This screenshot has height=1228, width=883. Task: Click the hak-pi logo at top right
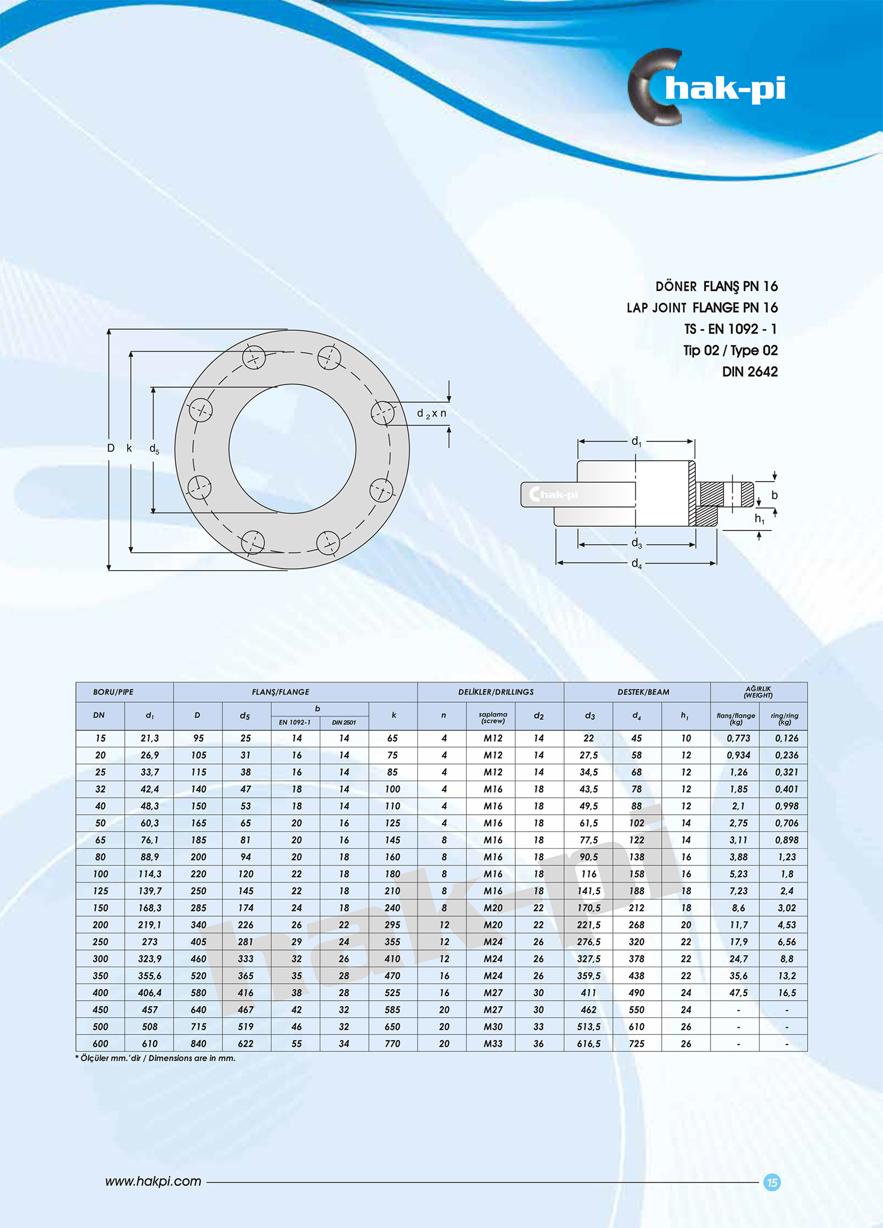pyautogui.click(x=706, y=88)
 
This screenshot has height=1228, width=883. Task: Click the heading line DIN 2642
pyautogui.click(x=749, y=372)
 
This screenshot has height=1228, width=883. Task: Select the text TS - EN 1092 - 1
pyautogui.click(x=730, y=329)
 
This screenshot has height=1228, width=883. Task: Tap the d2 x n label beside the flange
pyautogui.click(x=431, y=414)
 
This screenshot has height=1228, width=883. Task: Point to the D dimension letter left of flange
pyautogui.click(x=111, y=448)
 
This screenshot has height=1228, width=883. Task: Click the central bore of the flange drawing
pyautogui.click(x=292, y=449)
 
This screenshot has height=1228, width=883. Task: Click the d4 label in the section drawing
pyautogui.click(x=636, y=563)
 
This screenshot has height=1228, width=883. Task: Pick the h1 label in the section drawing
pyautogui.click(x=759, y=519)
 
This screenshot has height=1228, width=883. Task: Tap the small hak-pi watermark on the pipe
pyautogui.click(x=554, y=494)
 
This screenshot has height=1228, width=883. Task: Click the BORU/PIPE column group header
pyautogui.click(x=113, y=692)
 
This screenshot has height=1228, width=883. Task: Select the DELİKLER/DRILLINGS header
pyautogui.click(x=496, y=692)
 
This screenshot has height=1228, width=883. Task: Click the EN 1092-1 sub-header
pyautogui.click(x=295, y=722)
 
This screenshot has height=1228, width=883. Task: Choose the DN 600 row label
pyautogui.click(x=101, y=1044)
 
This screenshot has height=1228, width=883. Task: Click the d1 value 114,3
pyautogui.click(x=150, y=874)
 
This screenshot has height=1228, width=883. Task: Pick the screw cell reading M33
pyautogui.click(x=493, y=1044)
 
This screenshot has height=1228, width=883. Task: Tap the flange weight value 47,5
pyautogui.click(x=738, y=993)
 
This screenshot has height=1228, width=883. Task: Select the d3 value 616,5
pyautogui.click(x=589, y=1044)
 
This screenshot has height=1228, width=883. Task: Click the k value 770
pyautogui.click(x=392, y=1044)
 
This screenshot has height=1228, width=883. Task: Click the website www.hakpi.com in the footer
pyautogui.click(x=153, y=1181)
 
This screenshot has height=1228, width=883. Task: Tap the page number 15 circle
pyautogui.click(x=772, y=1182)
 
